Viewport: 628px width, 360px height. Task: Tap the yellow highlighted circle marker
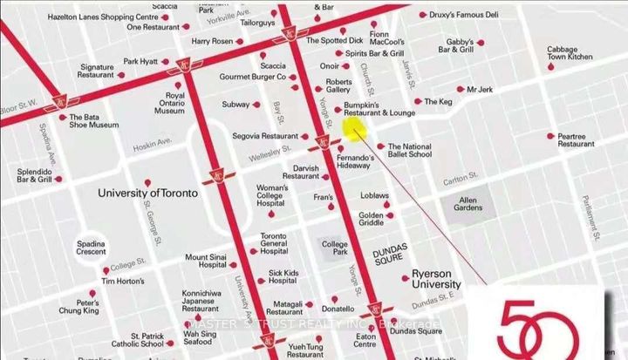352,129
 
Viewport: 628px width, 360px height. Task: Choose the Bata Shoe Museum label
93,120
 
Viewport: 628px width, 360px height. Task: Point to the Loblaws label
375,195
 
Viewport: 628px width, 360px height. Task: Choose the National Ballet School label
409,151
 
